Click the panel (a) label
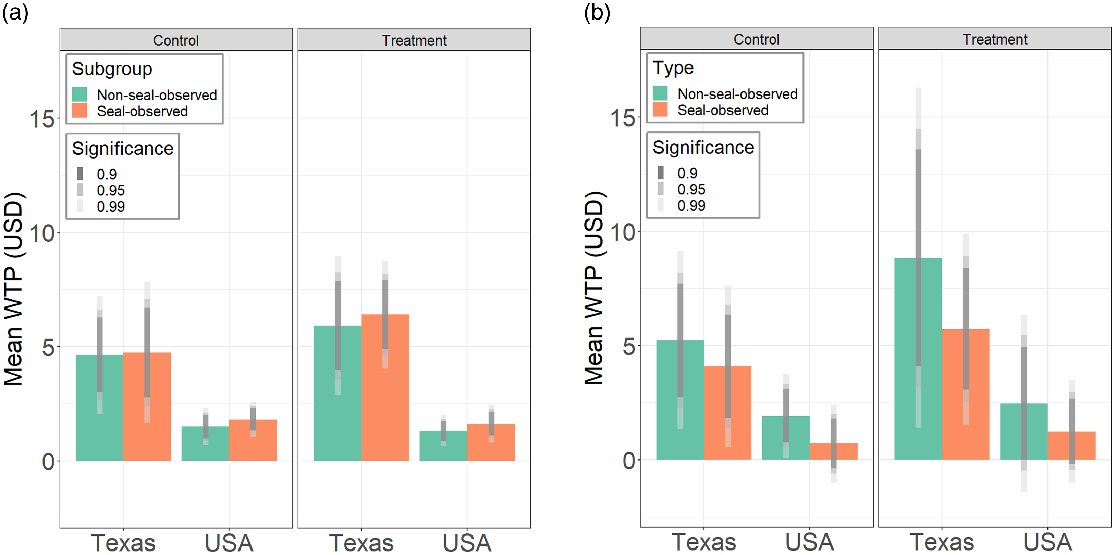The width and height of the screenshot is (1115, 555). coord(15,13)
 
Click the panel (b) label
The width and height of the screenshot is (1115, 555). coord(597,13)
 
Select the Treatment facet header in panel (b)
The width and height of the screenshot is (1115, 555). coord(995,39)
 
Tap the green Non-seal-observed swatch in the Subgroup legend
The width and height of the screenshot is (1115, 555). coord(79,94)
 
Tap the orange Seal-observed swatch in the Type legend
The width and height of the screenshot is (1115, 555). coord(660,110)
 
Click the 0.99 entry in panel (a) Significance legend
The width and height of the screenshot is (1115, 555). coord(110,206)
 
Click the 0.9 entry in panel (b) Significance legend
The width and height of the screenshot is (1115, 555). coord(687,173)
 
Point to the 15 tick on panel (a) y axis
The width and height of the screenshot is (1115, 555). coord(42,119)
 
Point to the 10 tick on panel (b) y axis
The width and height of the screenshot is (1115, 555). coord(622,232)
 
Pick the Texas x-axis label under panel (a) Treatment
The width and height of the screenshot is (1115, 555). coord(361,542)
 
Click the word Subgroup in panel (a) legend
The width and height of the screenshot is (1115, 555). coord(112,69)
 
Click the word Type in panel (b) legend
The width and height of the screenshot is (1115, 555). coord(673,68)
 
